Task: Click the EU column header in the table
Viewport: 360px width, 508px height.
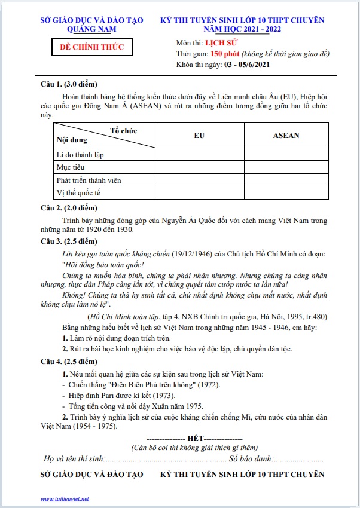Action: click(200, 135)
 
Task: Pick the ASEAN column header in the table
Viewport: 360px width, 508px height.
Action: click(286, 135)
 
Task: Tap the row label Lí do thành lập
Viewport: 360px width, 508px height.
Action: click(80, 155)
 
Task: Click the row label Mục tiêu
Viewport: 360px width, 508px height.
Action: click(71, 167)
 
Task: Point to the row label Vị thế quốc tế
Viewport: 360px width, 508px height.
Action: click(78, 192)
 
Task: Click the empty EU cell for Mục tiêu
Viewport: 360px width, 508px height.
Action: click(200, 167)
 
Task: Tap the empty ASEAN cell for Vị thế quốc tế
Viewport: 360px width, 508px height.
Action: click(286, 192)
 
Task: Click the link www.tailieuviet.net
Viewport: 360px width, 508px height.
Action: click(65, 498)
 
